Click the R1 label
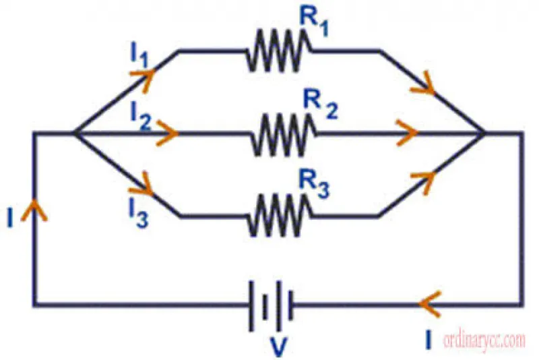click(x=314, y=22)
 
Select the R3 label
click(x=314, y=185)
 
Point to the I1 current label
click(x=139, y=55)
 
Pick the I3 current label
click(x=139, y=213)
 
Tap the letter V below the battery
click(x=278, y=347)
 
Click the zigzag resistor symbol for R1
click(x=279, y=51)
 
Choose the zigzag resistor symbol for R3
click(x=279, y=215)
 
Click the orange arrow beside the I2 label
click(x=167, y=133)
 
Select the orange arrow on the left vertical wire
click(x=34, y=210)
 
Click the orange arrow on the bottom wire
click(x=429, y=304)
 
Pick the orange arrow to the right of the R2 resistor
click(x=407, y=133)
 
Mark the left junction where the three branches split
click(x=75, y=133)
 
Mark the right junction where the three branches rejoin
click(x=484, y=133)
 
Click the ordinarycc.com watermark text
click(x=484, y=340)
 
